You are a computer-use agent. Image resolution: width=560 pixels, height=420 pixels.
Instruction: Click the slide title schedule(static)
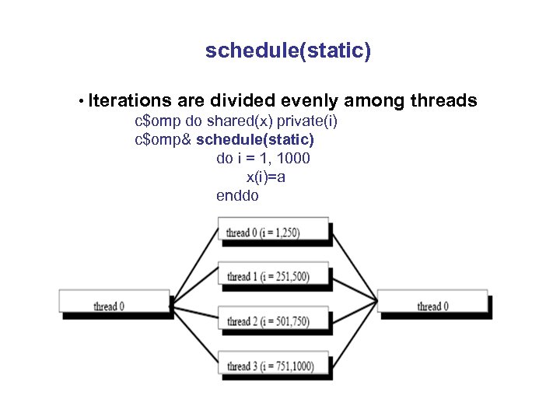tap(288, 51)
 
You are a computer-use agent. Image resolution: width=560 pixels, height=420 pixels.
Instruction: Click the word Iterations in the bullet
tap(130, 101)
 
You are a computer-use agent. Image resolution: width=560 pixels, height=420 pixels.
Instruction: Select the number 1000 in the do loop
tap(294, 159)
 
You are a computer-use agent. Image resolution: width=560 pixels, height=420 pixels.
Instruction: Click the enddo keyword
tap(237, 196)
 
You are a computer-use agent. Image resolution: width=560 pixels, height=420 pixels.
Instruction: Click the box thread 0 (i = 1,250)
tap(273, 233)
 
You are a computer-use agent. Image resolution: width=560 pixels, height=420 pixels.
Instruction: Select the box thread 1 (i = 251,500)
tap(273, 277)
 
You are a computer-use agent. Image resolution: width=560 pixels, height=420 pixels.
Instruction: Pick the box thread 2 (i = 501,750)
tap(273, 321)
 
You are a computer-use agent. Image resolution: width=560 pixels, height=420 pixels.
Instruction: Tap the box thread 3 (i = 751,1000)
tap(273, 366)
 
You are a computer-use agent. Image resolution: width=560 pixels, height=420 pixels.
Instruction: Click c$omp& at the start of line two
tap(163, 140)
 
